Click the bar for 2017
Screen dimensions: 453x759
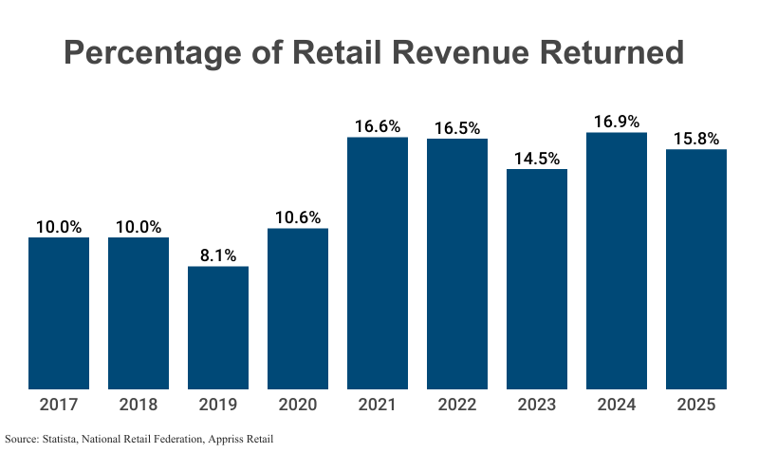point(59,312)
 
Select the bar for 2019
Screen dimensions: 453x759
point(218,327)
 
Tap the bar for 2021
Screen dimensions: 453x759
point(378,263)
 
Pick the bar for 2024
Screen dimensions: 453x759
point(617,260)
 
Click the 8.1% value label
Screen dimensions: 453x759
point(218,255)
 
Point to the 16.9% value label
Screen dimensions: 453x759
point(617,122)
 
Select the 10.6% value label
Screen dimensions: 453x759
point(298,217)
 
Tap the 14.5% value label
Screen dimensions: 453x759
point(537,159)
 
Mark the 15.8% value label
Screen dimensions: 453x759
point(696,139)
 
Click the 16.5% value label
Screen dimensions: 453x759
point(457,127)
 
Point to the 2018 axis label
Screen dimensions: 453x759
point(139,405)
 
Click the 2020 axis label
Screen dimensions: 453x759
point(298,405)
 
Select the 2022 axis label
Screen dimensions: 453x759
point(457,405)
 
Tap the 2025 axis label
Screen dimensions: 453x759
point(696,405)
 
